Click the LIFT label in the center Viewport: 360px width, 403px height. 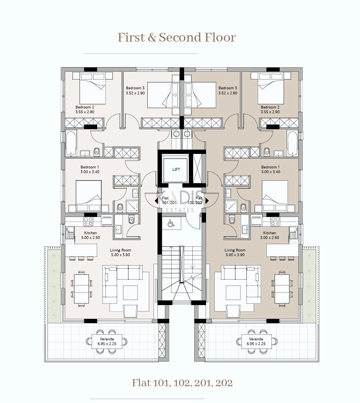click(176, 169)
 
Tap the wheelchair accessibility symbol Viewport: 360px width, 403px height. click(171, 223)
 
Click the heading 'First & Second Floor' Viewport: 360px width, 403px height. click(177, 37)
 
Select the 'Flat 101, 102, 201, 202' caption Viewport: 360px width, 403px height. click(182, 383)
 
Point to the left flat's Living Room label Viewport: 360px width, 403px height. click(121, 252)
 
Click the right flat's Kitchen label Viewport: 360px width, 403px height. click(270, 235)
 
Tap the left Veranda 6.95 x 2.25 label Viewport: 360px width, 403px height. click(107, 342)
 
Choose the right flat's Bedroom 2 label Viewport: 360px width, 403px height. click(270, 110)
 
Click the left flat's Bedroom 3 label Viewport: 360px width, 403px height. click(135, 90)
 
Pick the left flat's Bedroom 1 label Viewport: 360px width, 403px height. click(90, 169)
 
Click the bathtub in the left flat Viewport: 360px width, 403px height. click(71, 143)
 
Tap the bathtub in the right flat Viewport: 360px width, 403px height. click(293, 143)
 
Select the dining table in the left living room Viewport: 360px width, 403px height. click(81, 289)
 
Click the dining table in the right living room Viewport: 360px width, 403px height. click(282, 289)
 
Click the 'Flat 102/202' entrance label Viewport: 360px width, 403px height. click(195, 200)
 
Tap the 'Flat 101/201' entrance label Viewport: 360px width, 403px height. click(169, 200)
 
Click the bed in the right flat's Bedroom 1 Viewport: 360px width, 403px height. click(275, 196)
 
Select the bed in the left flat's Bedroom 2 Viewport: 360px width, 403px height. click(92, 88)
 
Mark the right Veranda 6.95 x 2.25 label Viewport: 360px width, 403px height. click(256, 342)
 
